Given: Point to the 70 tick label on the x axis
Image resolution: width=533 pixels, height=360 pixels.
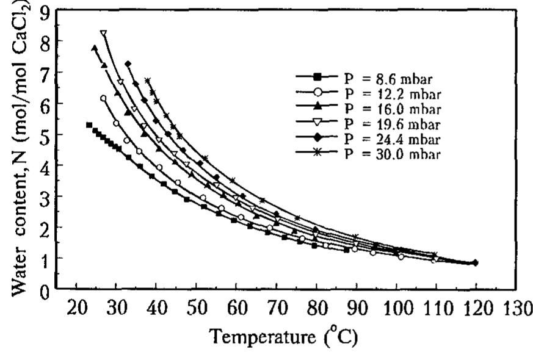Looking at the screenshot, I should pos(275,306).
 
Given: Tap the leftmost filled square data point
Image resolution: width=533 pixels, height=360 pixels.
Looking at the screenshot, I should pos(89,125).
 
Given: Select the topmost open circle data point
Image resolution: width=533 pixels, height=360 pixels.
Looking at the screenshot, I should pos(103,98).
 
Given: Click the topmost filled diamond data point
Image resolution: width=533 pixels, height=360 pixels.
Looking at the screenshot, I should pos(128,64).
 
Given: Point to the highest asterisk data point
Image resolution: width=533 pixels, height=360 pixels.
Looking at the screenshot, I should pos(147,81).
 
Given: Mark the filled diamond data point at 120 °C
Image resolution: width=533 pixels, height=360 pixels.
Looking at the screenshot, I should pos(476,263).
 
